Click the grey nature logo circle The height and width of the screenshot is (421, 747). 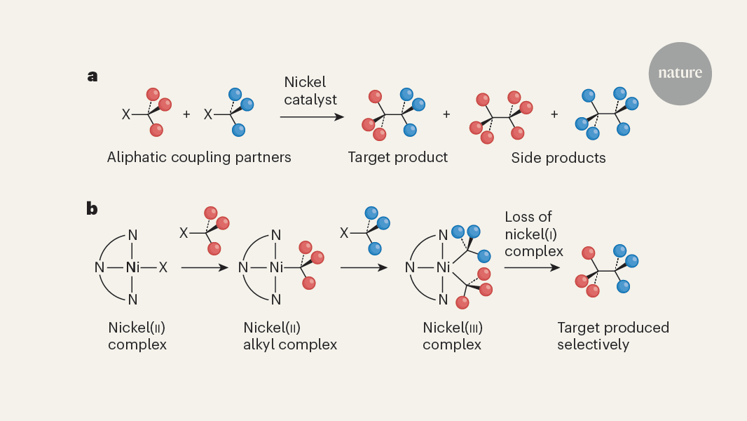point(680,74)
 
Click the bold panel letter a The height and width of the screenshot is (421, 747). point(92,76)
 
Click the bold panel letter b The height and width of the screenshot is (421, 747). point(92,208)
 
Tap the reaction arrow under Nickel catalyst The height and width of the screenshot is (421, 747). point(308,116)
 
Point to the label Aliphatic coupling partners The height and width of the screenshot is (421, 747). point(199,157)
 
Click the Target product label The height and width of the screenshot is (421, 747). point(397,157)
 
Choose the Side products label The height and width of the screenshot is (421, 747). point(558,157)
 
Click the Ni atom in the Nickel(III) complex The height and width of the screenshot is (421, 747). point(442,267)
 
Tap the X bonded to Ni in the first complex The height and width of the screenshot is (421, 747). point(163,267)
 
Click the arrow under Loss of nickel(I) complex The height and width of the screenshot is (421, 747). point(533,267)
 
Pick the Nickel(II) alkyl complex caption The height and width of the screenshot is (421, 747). point(290,336)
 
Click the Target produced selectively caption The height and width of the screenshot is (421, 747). point(613,336)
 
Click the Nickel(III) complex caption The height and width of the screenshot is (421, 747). point(453,336)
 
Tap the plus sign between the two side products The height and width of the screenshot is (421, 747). point(554,114)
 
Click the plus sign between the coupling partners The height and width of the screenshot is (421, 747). point(186,114)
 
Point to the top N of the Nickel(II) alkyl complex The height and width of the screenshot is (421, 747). point(276,235)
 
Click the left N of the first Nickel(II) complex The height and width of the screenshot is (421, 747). point(99,267)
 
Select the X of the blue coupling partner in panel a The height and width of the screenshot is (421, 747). point(208,114)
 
